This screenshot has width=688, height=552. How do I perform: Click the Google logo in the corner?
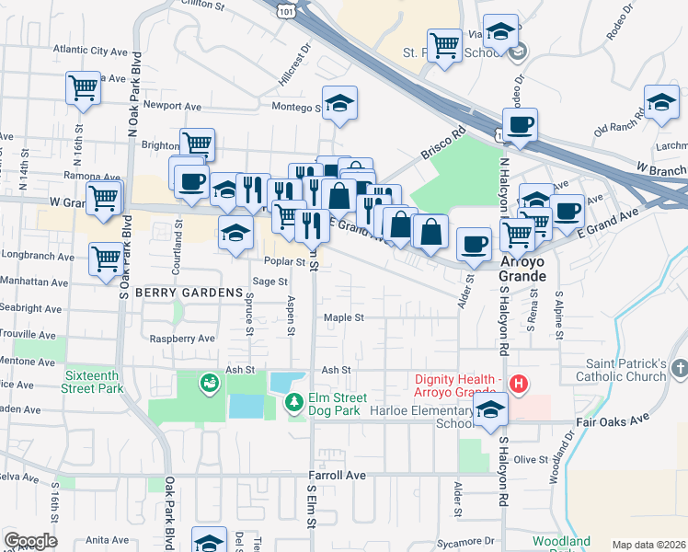click(x=30, y=541)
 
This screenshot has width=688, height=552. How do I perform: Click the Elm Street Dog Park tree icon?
click(x=293, y=402)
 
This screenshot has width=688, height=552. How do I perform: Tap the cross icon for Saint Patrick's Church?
click(x=679, y=368)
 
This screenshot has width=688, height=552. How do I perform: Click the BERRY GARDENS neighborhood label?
click(x=182, y=292)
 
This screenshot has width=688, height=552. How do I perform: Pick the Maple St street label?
click(x=343, y=317)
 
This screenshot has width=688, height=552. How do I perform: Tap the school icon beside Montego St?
click(x=339, y=103)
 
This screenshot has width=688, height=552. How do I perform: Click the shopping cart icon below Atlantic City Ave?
click(x=83, y=88)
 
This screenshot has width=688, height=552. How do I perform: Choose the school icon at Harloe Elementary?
click(x=491, y=410)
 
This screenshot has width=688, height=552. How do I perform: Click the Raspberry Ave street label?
click(x=182, y=339)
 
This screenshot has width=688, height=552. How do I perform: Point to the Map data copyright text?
click(x=648, y=545)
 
